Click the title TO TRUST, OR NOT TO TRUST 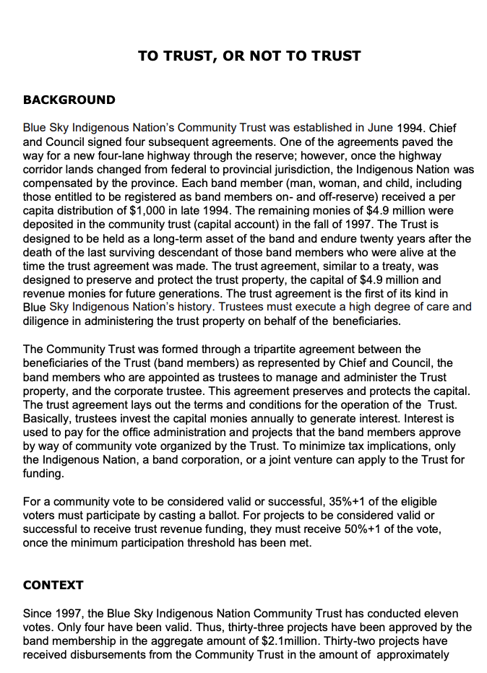[x=249, y=56]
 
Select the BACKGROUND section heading [x=69, y=100]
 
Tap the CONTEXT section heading [x=53, y=585]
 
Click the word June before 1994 [x=380, y=128]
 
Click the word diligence [x=48, y=321]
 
